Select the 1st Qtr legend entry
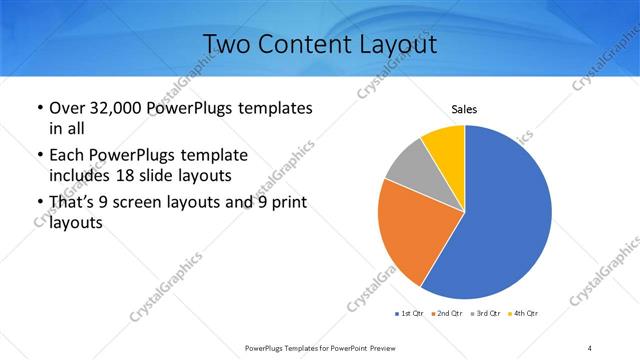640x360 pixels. pos(410,314)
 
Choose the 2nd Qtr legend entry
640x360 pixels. pos(446,314)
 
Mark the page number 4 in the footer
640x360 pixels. pos(590,347)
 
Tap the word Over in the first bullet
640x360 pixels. pos(66,107)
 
